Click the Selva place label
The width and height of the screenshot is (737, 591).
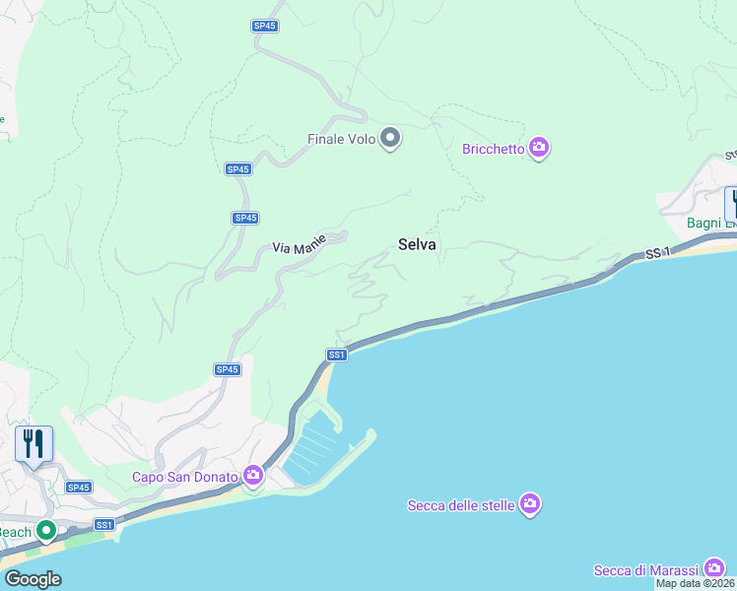coord(417,244)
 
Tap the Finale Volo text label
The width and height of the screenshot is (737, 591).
coord(342,140)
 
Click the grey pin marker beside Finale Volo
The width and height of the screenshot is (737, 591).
coord(391,139)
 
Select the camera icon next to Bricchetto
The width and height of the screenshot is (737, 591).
coord(538,149)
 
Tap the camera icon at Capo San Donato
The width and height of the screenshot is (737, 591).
coord(253,477)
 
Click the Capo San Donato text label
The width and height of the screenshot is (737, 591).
coord(186,478)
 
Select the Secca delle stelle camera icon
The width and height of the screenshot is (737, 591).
coord(530,504)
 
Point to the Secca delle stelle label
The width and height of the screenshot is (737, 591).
coord(461,506)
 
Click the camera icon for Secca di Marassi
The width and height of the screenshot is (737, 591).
coord(714,568)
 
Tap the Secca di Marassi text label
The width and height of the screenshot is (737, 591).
coord(645,570)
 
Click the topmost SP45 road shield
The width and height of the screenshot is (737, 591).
coord(264,26)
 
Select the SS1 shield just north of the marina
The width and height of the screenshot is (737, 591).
coord(337,355)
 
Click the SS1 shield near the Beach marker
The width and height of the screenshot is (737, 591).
coord(104,525)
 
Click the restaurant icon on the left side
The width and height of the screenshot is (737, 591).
coord(33,444)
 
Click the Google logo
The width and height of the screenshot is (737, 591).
coord(33,579)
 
